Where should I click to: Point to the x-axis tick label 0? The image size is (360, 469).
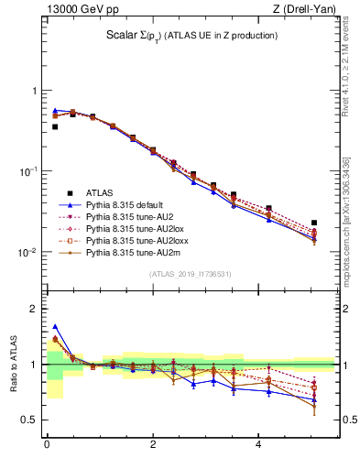(46, 444)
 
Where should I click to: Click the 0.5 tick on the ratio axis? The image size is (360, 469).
(29, 420)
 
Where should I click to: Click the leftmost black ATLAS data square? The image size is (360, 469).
(55, 126)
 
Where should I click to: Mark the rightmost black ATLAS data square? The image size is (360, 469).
(314, 223)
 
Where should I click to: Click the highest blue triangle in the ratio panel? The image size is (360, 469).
(55, 326)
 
